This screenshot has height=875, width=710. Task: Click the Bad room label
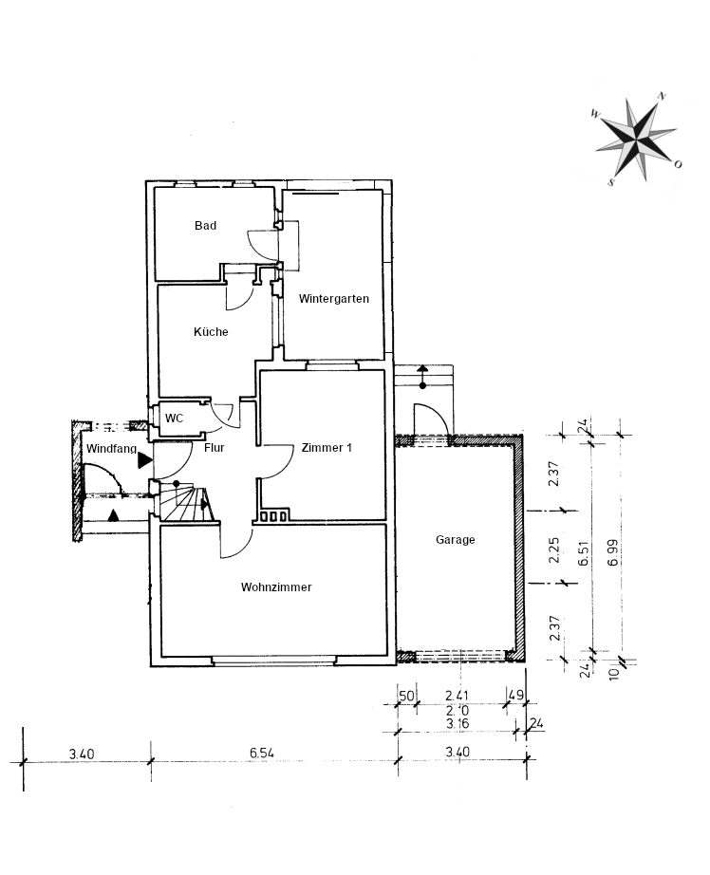click(205, 226)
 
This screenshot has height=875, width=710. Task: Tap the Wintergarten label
click(334, 299)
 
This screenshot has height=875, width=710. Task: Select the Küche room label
click(211, 332)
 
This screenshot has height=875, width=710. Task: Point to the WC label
click(174, 419)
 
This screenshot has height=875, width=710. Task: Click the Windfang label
click(112, 449)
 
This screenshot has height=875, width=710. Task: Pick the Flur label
click(215, 448)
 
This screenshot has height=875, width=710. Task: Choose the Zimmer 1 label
click(327, 448)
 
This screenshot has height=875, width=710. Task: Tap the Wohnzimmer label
click(276, 587)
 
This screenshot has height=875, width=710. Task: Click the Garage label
click(456, 540)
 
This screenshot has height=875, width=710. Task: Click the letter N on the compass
click(662, 96)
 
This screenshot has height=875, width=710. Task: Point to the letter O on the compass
click(678, 164)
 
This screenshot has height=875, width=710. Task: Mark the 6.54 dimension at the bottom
click(262, 753)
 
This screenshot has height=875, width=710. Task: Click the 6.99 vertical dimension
click(613, 553)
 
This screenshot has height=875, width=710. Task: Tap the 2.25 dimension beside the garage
click(553, 550)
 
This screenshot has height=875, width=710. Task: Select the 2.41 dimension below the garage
click(457, 696)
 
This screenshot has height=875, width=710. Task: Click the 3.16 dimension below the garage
click(458, 724)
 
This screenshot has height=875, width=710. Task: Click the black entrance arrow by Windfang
click(145, 460)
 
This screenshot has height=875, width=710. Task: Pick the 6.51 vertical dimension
click(584, 553)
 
